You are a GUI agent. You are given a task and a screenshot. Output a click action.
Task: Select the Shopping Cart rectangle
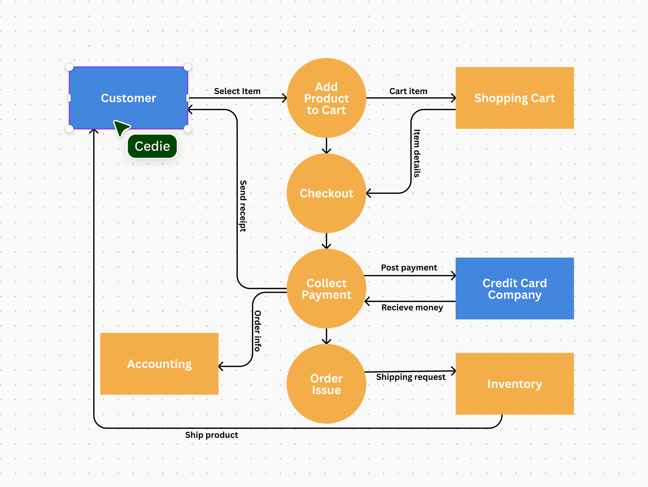click(x=514, y=98)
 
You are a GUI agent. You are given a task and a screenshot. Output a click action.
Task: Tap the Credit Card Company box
click(x=514, y=288)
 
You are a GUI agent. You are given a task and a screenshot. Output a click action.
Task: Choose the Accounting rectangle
click(x=159, y=364)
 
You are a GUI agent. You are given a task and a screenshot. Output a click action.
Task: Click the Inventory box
click(x=514, y=384)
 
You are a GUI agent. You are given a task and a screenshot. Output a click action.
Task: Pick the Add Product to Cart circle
click(x=326, y=98)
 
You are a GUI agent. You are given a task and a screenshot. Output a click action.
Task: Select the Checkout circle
click(x=326, y=193)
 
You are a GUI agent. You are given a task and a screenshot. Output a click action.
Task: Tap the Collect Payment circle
click(x=326, y=288)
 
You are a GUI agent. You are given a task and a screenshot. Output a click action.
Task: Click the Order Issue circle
click(x=326, y=384)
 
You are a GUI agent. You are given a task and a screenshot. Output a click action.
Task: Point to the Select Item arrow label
click(x=237, y=91)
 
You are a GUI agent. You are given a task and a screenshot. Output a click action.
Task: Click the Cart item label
click(x=408, y=91)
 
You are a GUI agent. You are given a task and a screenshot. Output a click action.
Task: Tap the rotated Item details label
click(x=417, y=153)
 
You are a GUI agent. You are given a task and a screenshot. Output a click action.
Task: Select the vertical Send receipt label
click(x=243, y=206)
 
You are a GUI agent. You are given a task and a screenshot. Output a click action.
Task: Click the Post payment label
click(x=409, y=267)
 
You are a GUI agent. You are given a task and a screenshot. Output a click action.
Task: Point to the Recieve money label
click(x=412, y=308)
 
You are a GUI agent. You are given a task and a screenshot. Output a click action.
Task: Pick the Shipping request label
click(x=411, y=377)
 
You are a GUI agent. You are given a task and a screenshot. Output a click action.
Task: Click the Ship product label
click(x=212, y=435)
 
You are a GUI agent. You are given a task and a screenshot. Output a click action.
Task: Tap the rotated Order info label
click(x=257, y=331)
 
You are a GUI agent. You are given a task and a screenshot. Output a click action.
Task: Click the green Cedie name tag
click(x=152, y=146)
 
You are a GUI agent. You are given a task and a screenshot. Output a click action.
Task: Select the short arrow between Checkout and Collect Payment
click(x=326, y=241)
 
